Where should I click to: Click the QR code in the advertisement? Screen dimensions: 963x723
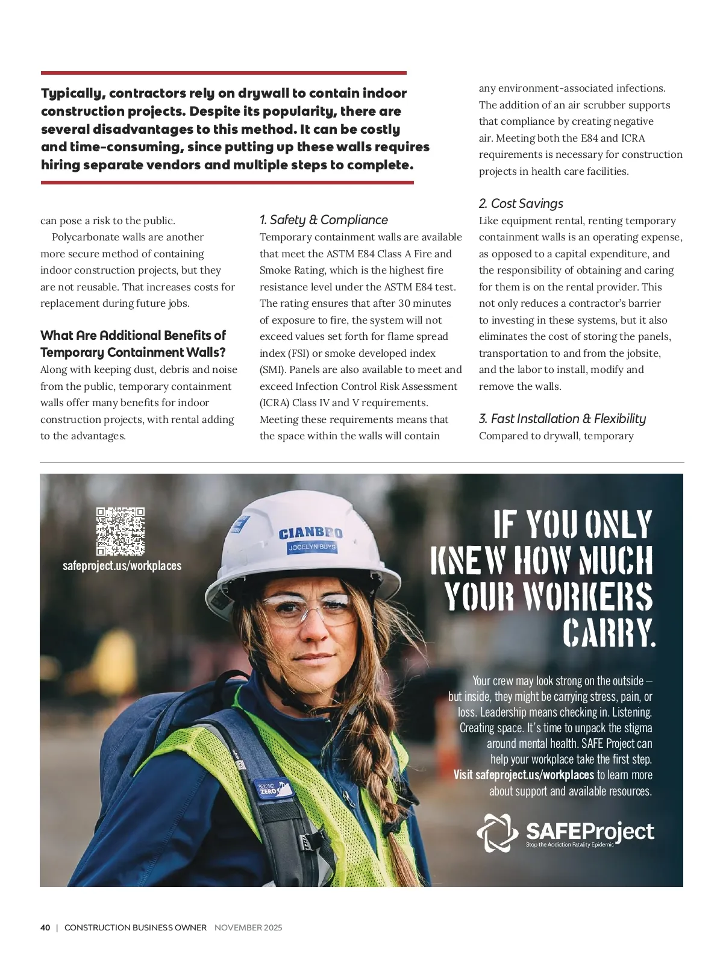coord(120,531)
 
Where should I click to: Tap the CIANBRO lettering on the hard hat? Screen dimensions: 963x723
coord(310,533)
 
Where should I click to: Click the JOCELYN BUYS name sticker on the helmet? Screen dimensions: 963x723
coord(312,547)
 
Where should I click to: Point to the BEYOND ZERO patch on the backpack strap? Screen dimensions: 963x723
coord(269,788)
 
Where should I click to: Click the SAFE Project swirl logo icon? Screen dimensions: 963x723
coord(497,833)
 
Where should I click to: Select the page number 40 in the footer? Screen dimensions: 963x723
coord(45,927)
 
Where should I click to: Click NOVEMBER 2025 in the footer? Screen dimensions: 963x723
coord(248,927)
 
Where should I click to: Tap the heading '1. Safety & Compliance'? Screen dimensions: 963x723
coord(324,220)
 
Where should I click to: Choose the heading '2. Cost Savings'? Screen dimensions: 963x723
coord(521,204)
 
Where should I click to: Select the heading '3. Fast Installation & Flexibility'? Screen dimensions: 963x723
coord(562,419)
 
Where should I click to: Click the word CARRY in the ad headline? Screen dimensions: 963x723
coord(609,633)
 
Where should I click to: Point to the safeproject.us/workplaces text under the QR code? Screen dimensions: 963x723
coord(122,566)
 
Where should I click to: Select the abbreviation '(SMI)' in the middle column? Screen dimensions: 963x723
coord(272,370)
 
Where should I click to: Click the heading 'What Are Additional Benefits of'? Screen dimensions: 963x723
coord(133,336)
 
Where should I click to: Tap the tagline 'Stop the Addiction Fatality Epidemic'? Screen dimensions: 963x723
coord(569,845)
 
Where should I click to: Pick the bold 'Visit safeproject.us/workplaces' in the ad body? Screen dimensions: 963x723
coord(524,775)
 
